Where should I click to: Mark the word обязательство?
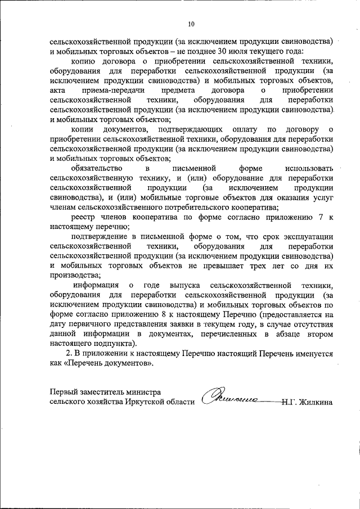tap(98, 168)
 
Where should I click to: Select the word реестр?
tap(84, 217)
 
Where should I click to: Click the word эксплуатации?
tap(307, 237)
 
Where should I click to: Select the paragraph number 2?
tap(69, 354)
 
